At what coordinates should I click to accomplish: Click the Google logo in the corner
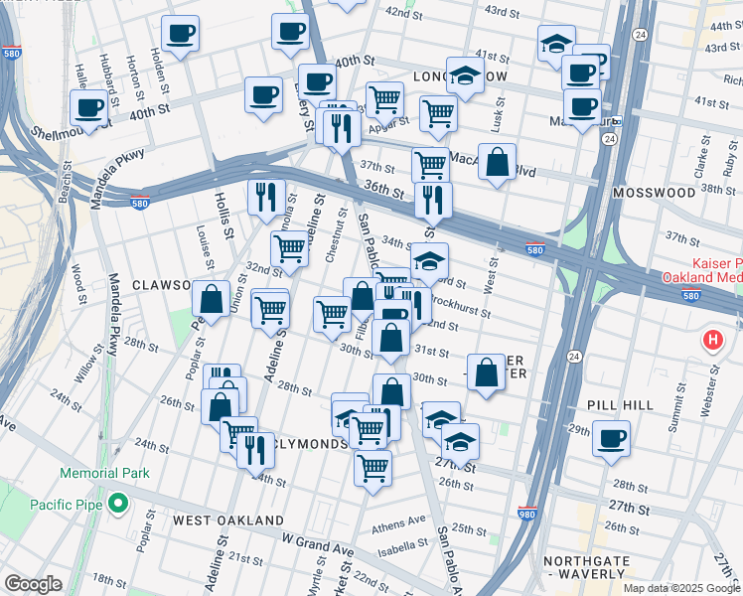pyautogui.click(x=33, y=584)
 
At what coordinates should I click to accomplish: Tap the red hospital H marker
pyautogui.click(x=712, y=341)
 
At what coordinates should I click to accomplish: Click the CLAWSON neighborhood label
pyautogui.click(x=162, y=285)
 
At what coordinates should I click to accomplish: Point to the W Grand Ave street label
pyautogui.click(x=317, y=545)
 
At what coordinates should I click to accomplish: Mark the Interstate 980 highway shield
pyautogui.click(x=527, y=514)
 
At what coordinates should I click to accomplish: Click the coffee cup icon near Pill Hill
pyautogui.click(x=611, y=437)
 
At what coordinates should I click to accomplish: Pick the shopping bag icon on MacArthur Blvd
pyautogui.click(x=497, y=161)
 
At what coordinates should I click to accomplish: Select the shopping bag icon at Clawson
pyautogui.click(x=211, y=297)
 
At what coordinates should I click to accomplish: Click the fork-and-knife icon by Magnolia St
pyautogui.click(x=265, y=197)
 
